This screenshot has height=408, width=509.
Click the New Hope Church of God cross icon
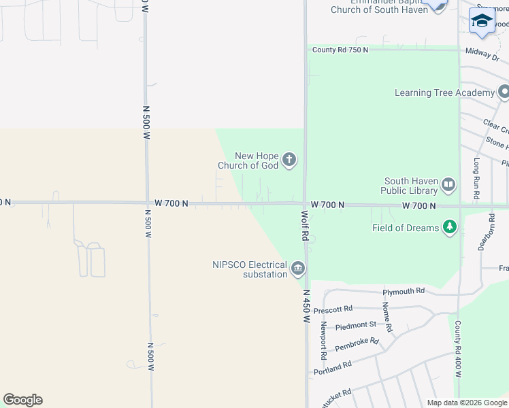coord(289,160)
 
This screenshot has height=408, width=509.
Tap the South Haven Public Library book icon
coord(448,184)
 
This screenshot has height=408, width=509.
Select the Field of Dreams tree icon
coord(449,227)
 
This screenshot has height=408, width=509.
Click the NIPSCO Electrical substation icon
coord(297,269)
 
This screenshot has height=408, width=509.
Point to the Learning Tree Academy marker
coord(504,92)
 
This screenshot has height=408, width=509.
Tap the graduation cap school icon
coord(482,21)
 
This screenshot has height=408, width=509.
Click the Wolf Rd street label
coord(306,226)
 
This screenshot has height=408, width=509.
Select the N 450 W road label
coord(307,306)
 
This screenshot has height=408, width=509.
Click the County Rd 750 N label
coord(340,50)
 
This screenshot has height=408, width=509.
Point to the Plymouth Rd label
coord(404,291)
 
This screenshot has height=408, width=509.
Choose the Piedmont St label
coord(356,325)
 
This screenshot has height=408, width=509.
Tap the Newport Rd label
coord(323,341)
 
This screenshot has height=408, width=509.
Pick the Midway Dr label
coord(482,52)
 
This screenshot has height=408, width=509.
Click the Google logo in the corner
coord(22,400)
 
